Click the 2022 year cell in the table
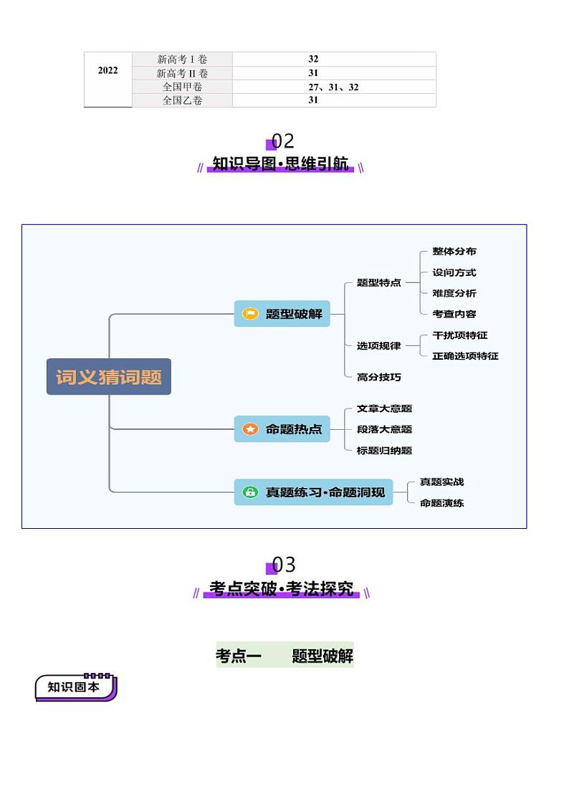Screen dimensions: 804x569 tap(107, 70)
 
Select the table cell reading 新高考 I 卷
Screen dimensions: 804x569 tap(182, 59)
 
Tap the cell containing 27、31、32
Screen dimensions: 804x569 tap(333, 87)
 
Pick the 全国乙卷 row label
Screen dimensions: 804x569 tap(182, 101)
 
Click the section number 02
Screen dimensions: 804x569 tap(282, 140)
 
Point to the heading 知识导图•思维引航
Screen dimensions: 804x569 tap(281, 164)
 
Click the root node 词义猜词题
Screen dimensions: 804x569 tap(109, 377)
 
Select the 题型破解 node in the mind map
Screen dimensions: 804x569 tap(282, 314)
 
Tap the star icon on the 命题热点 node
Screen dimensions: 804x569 tap(250, 430)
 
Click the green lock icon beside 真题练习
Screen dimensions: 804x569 tap(250, 492)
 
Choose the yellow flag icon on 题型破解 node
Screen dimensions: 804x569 tap(250, 314)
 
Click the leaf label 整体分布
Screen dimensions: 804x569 tap(454, 252)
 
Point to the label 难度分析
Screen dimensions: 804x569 tap(454, 293)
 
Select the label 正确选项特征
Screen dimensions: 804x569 tap(465, 356)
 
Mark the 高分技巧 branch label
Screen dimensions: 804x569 tap(379, 377)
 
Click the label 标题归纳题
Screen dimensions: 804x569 tap(384, 451)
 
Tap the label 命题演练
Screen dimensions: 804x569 tap(441, 503)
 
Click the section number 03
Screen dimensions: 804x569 tap(282, 565)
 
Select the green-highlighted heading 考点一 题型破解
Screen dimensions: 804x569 tap(284, 656)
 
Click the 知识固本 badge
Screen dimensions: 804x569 tap(75, 687)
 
